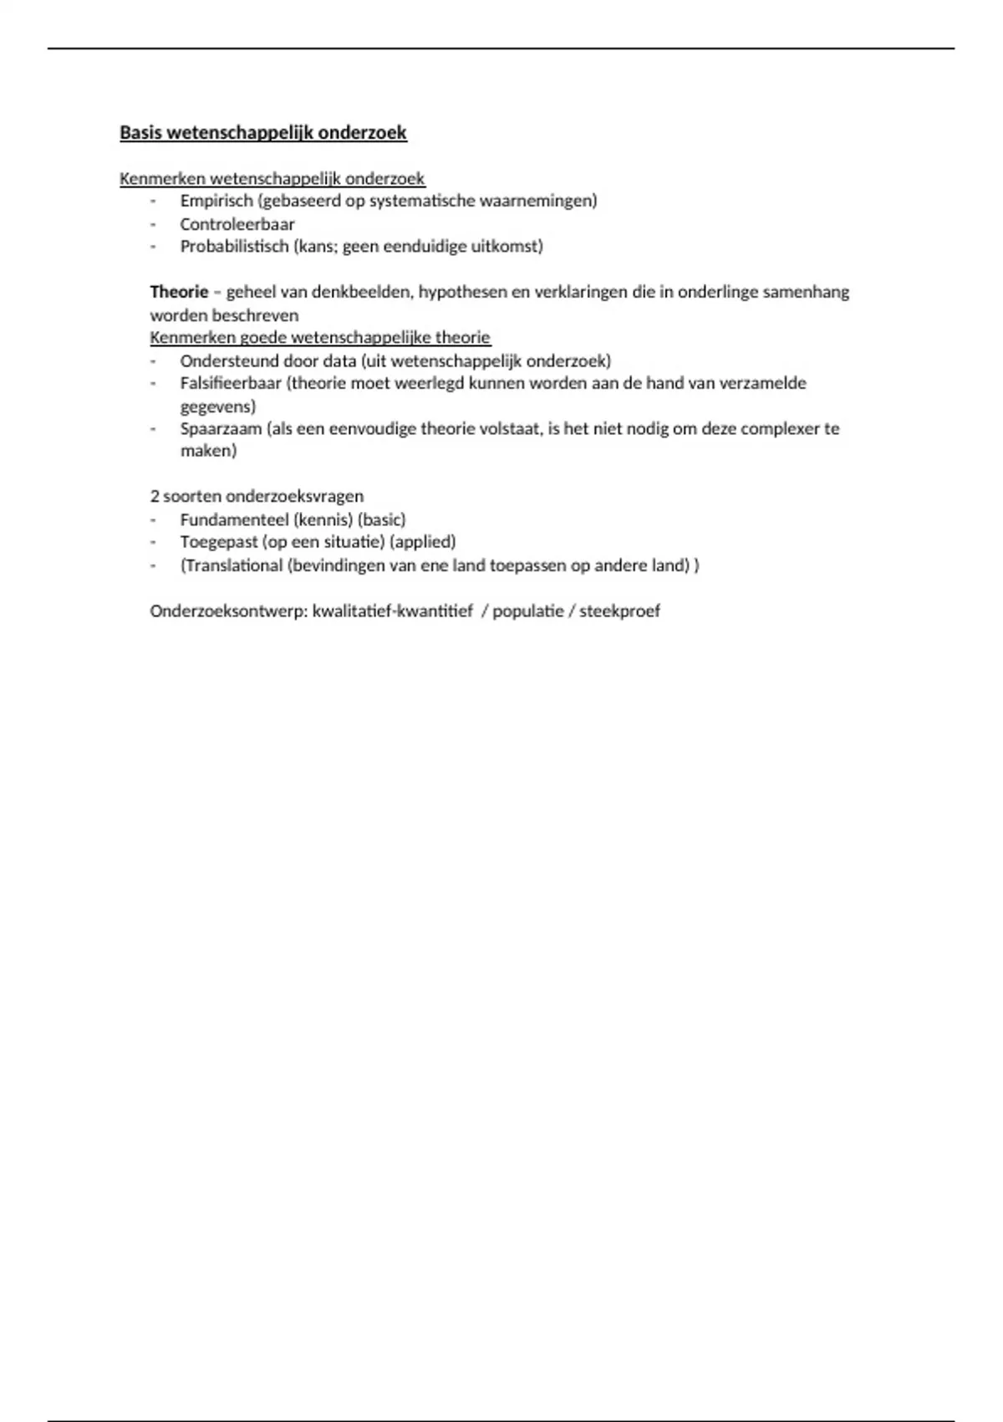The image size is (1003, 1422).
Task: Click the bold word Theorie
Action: (x=179, y=292)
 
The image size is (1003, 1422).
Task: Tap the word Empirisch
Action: (x=216, y=201)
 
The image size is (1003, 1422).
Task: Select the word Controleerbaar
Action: (x=237, y=224)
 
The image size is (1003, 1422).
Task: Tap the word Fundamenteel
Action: (x=235, y=519)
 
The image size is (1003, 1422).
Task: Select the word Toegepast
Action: (x=219, y=542)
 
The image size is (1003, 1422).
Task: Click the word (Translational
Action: (x=232, y=565)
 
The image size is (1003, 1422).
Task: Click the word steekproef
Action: (x=619, y=611)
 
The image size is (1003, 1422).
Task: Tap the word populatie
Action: (x=527, y=611)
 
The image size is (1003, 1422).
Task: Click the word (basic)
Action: (x=381, y=519)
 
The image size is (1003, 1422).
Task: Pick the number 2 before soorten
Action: (x=155, y=496)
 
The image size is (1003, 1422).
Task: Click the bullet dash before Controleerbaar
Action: (x=154, y=224)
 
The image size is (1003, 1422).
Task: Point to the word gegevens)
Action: (x=218, y=407)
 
